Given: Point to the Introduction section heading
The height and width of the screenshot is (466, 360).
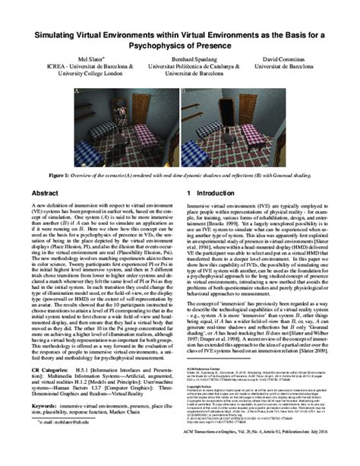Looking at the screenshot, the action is pos(216,195).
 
